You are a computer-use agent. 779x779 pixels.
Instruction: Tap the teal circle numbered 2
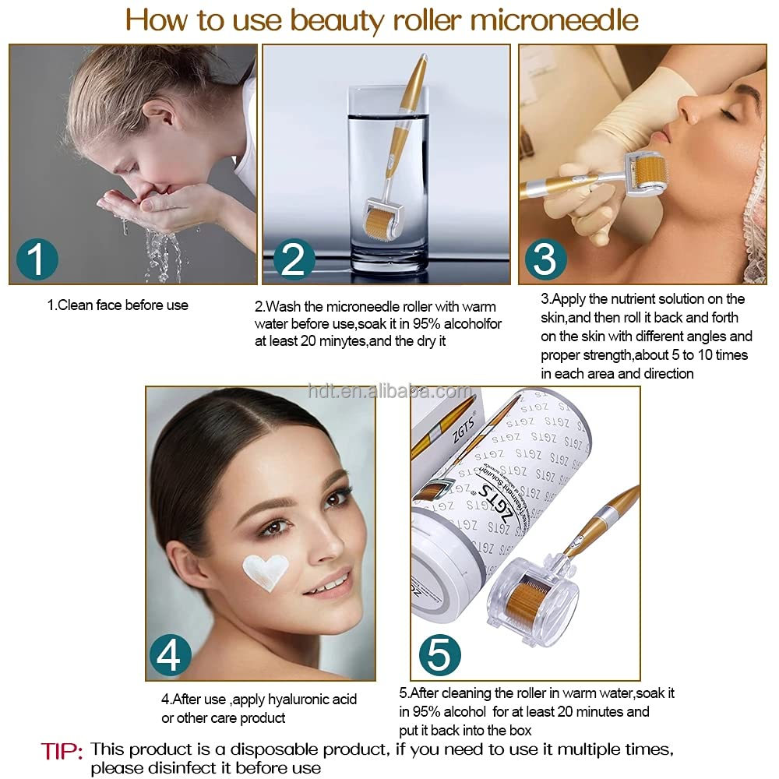(x=293, y=259)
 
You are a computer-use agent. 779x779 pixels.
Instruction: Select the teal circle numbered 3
(x=545, y=259)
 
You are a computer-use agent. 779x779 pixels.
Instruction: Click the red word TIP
(x=62, y=752)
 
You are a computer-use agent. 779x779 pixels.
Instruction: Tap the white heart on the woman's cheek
(x=264, y=572)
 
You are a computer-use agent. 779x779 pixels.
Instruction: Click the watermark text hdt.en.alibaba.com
(x=389, y=391)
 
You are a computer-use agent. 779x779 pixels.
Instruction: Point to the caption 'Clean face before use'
(x=118, y=305)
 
